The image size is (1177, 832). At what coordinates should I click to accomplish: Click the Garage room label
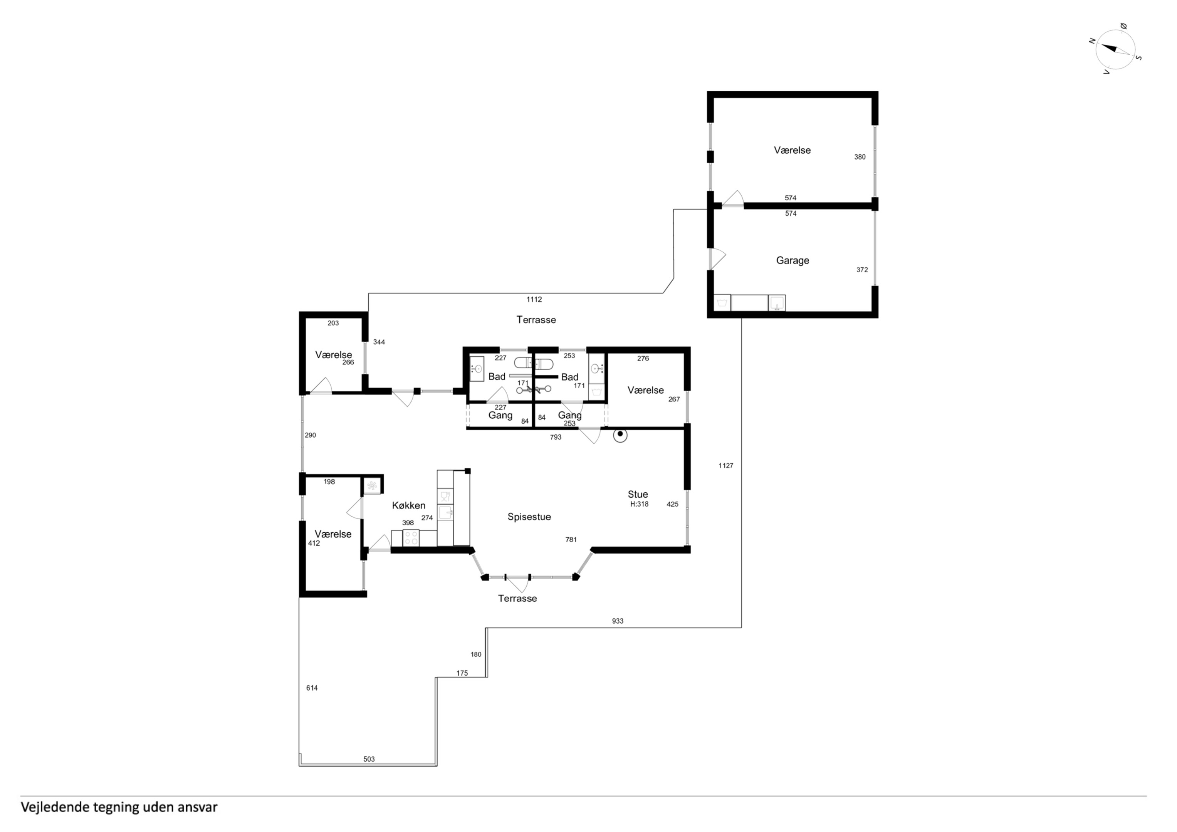(x=792, y=260)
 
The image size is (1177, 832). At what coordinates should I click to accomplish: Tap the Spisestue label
(x=529, y=517)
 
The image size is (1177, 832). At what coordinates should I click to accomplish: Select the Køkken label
(x=408, y=505)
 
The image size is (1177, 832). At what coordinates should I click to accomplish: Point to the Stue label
(x=638, y=494)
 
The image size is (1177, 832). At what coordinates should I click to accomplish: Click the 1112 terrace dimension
(x=534, y=299)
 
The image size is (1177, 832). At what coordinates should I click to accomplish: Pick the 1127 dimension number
(x=726, y=465)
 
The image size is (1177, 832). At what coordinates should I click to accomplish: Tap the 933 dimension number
(x=618, y=621)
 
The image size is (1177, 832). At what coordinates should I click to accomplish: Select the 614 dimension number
(x=312, y=688)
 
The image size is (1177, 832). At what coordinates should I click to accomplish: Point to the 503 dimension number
(x=369, y=759)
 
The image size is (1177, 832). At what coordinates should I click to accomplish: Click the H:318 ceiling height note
(x=639, y=504)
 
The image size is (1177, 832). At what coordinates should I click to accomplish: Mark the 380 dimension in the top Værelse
(x=860, y=157)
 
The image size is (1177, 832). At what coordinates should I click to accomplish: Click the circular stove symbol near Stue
(x=620, y=435)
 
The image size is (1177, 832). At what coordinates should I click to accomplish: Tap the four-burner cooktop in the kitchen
(x=411, y=538)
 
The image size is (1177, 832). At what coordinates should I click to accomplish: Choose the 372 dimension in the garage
(x=862, y=270)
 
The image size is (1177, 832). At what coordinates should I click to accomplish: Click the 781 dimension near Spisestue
(x=571, y=539)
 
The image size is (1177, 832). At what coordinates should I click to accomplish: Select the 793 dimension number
(x=556, y=437)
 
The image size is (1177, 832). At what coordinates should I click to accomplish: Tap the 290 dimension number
(x=310, y=435)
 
